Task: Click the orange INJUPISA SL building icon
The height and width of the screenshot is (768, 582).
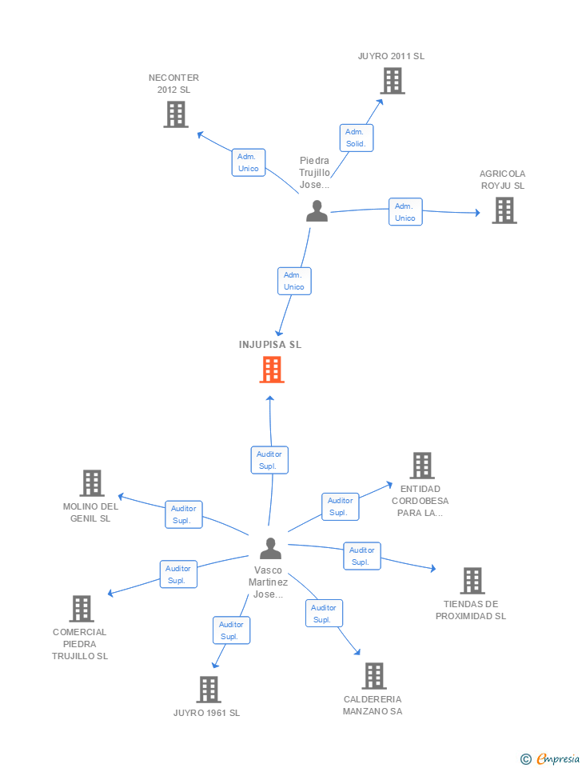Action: pyautogui.click(x=272, y=370)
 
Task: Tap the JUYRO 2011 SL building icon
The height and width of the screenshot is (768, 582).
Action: pyautogui.click(x=392, y=81)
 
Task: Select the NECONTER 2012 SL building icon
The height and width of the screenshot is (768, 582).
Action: pyautogui.click(x=175, y=114)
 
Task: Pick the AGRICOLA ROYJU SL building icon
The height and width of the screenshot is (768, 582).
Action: pyautogui.click(x=504, y=210)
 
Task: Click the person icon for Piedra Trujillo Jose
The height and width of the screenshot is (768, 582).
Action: pyautogui.click(x=317, y=211)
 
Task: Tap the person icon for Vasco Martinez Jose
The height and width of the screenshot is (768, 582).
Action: pyautogui.click(x=271, y=549)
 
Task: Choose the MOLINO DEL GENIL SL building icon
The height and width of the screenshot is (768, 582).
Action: pyautogui.click(x=92, y=483)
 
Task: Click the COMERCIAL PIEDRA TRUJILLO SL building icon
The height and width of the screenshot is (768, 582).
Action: pyautogui.click(x=81, y=609)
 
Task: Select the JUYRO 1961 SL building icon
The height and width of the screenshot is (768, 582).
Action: pyautogui.click(x=208, y=690)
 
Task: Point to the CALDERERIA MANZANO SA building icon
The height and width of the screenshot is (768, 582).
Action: pyautogui.click(x=373, y=676)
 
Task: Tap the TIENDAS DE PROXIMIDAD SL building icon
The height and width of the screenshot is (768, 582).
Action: pyautogui.click(x=472, y=581)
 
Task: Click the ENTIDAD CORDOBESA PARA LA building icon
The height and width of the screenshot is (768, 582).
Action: pyautogui.click(x=421, y=466)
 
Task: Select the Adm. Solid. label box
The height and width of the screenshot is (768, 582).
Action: pyautogui.click(x=356, y=138)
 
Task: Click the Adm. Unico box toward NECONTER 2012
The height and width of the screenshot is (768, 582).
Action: pyautogui.click(x=248, y=162)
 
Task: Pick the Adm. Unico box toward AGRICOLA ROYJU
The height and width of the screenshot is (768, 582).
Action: pyautogui.click(x=405, y=212)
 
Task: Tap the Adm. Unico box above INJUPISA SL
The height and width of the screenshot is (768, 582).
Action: pyautogui.click(x=294, y=281)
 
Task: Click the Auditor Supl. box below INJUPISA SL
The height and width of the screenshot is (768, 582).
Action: pyautogui.click(x=269, y=460)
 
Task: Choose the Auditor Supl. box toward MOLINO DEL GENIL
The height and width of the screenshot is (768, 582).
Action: pyautogui.click(x=184, y=514)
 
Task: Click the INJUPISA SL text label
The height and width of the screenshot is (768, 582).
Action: pyautogui.click(x=270, y=345)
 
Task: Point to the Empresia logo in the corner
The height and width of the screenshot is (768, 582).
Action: pyautogui.click(x=551, y=758)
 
